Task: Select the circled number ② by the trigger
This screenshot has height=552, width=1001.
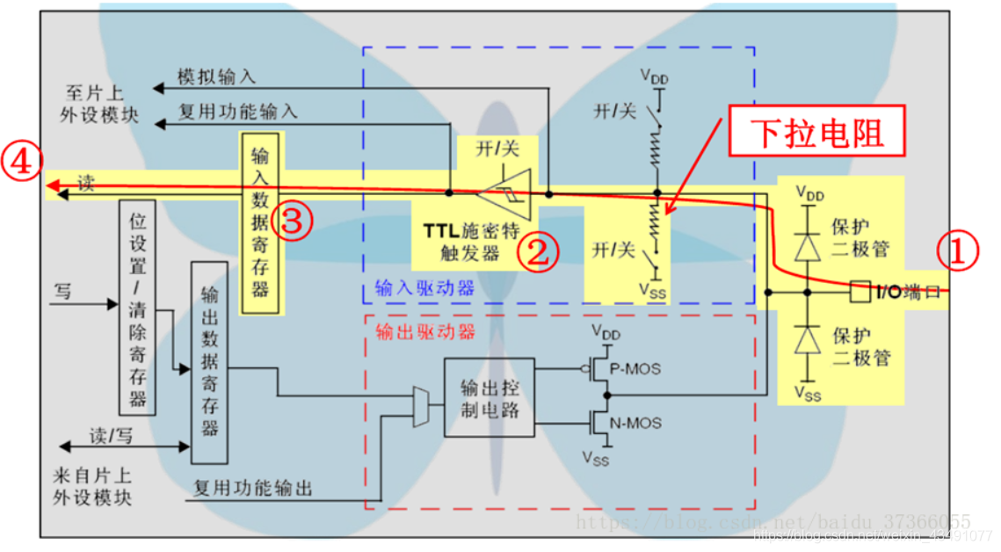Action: point(536,252)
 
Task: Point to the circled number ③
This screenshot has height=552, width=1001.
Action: point(295,222)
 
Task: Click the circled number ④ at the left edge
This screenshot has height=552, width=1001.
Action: point(19,163)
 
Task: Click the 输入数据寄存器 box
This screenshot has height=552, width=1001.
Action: point(261,222)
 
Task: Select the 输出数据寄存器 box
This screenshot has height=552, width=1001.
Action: point(209,362)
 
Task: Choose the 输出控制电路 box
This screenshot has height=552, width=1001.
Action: point(490,396)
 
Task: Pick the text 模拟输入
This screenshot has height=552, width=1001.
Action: point(216,78)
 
